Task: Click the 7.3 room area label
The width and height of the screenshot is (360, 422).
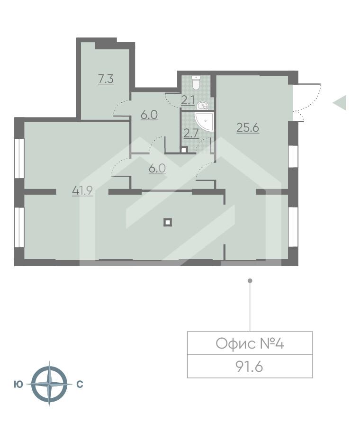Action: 106,79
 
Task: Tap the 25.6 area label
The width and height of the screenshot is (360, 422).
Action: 248,127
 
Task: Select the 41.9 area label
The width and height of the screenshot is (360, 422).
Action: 82,190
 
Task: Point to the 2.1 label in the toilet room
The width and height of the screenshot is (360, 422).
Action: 188,100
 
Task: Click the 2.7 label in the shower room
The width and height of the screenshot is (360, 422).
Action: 190,133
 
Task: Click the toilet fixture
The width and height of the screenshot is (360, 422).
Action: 196,82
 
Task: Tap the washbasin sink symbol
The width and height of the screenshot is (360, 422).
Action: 203,106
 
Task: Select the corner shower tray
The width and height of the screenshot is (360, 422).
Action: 204,122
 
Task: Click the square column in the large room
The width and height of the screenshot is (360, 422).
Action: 168,222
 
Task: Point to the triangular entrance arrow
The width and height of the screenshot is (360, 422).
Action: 340,102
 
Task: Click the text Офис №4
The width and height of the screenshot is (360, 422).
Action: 250,344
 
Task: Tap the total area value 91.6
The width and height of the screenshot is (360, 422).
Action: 249,366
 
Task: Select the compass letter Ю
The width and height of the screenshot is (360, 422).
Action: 18,385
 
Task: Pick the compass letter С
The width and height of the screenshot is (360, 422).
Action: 80,385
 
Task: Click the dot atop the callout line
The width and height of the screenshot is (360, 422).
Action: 250,281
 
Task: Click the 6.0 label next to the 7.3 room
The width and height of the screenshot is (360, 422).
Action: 149,115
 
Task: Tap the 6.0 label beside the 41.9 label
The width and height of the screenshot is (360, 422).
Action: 157,169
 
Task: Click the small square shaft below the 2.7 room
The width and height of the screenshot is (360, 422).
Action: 184,150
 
